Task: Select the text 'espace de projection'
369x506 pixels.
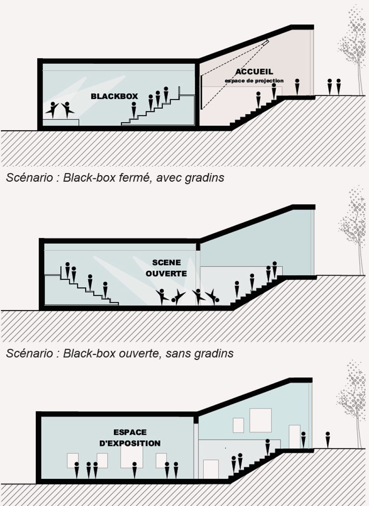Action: [254, 81]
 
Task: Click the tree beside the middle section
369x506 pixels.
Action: [354, 229]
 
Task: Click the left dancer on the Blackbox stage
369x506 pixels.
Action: [52, 109]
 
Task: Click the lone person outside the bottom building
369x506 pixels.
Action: [327, 439]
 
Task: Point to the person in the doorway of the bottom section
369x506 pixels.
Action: [303, 440]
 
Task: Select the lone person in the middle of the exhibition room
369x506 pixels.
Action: [134, 470]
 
